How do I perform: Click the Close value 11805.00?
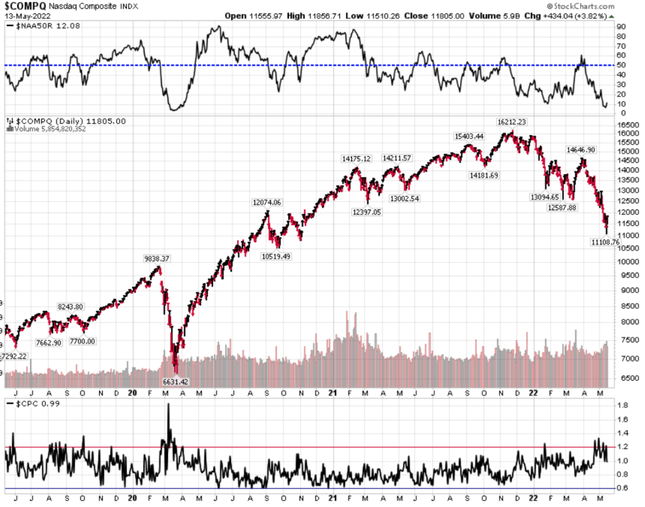(x=446, y=16)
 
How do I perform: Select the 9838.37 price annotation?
(x=156, y=259)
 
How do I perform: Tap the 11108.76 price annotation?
(x=604, y=242)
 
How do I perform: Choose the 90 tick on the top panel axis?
(x=621, y=26)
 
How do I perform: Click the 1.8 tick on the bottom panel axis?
(x=622, y=405)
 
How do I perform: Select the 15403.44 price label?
(x=469, y=136)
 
